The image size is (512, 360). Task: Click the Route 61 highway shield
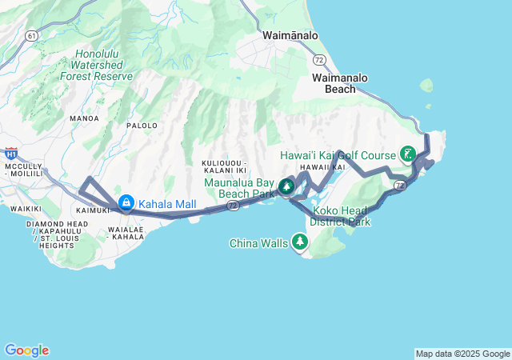31,36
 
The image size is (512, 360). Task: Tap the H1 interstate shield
11,153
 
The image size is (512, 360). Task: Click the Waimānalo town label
290,36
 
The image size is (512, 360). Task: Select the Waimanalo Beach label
340,83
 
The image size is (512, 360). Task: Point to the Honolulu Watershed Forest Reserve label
96,66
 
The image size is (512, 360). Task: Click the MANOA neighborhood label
84,118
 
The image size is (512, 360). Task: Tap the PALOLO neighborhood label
142,126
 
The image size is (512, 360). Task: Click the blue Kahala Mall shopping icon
126,204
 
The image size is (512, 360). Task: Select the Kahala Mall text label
167,204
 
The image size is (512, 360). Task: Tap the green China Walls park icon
300,241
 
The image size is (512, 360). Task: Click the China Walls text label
259,242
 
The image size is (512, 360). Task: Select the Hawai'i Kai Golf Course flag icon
408,154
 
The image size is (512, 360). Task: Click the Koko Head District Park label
342,216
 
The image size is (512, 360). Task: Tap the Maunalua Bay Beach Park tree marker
286,188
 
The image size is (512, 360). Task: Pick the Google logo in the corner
26,350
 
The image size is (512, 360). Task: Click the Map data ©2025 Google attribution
462,354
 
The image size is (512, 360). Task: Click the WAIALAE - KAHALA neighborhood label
126,233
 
